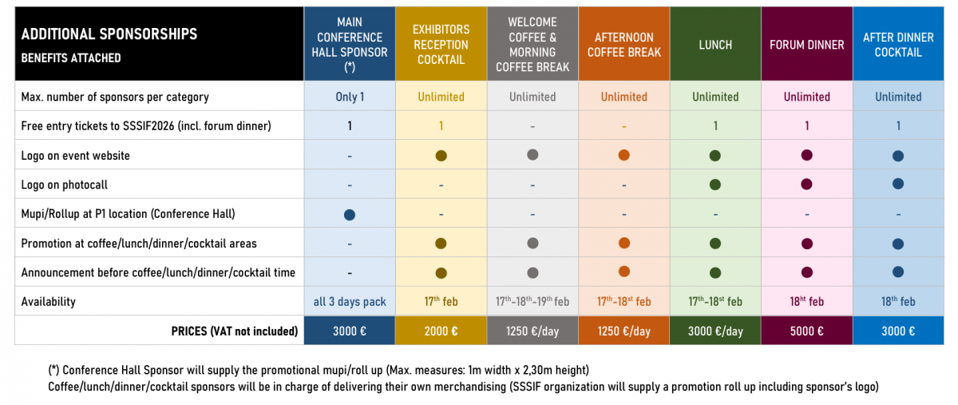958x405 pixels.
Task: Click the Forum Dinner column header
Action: pyautogui.click(x=806, y=45)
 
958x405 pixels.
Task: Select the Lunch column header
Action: pyautogui.click(x=715, y=45)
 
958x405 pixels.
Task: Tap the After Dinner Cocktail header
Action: pyautogui.click(x=898, y=45)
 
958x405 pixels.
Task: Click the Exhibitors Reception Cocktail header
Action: pyautogui.click(x=441, y=45)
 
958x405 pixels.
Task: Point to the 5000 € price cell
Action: pyautogui.click(x=806, y=331)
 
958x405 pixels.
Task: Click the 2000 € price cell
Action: pyautogui.click(x=441, y=331)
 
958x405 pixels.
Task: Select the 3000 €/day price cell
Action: pyautogui.click(x=715, y=331)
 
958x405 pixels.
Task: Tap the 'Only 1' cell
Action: pyautogui.click(x=350, y=97)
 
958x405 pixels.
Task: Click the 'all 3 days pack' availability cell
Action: pyautogui.click(x=350, y=301)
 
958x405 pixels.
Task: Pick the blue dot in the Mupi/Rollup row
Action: pyautogui.click(x=349, y=214)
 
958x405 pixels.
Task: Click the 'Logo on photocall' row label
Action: pyautogui.click(x=64, y=185)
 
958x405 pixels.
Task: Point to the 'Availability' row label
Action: pyautogui.click(x=48, y=301)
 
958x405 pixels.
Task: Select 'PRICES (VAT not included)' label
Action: pyautogui.click(x=235, y=331)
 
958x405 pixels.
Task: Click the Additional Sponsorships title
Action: pyautogui.click(x=109, y=34)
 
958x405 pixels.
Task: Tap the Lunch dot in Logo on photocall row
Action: pyautogui.click(x=715, y=185)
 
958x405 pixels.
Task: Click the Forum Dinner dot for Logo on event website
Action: pyautogui.click(x=806, y=156)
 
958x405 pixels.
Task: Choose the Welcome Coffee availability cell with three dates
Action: pyautogui.click(x=532, y=301)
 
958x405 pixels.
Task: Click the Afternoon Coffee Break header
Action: pyautogui.click(x=623, y=45)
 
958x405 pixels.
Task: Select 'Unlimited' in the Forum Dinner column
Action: pyautogui.click(x=806, y=97)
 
